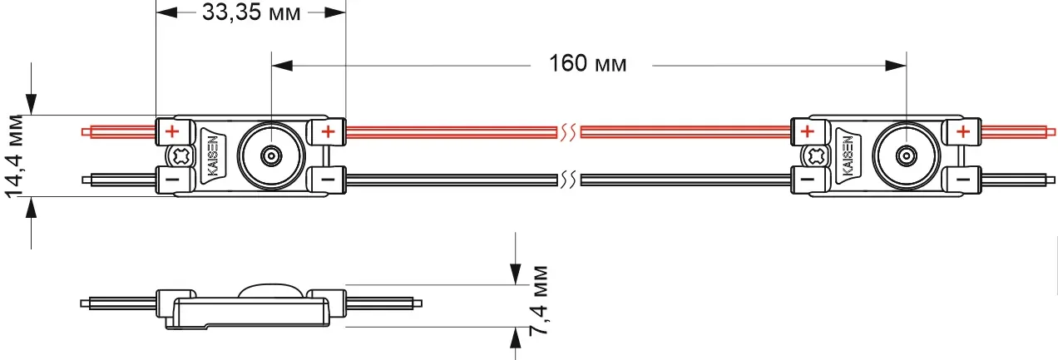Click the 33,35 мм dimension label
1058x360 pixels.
(x=251, y=12)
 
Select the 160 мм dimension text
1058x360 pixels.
(x=587, y=63)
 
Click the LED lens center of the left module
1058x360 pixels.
(x=271, y=155)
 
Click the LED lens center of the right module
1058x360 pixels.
(x=906, y=155)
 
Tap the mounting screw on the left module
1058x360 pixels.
(x=180, y=155)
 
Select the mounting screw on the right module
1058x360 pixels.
(x=815, y=155)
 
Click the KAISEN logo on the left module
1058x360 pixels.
(x=213, y=155)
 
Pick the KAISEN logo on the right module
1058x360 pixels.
(x=848, y=155)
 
